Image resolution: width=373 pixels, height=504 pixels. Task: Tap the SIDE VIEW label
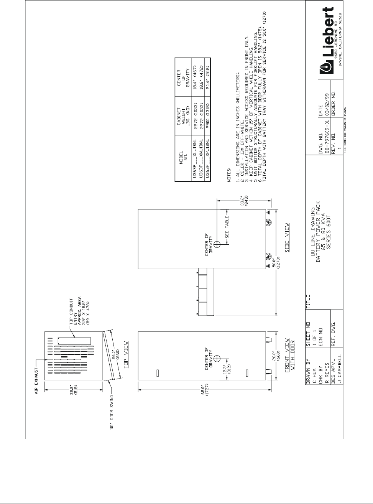[288, 241]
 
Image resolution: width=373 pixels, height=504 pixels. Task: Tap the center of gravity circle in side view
[217, 244]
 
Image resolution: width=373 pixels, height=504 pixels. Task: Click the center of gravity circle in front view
[217, 358]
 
